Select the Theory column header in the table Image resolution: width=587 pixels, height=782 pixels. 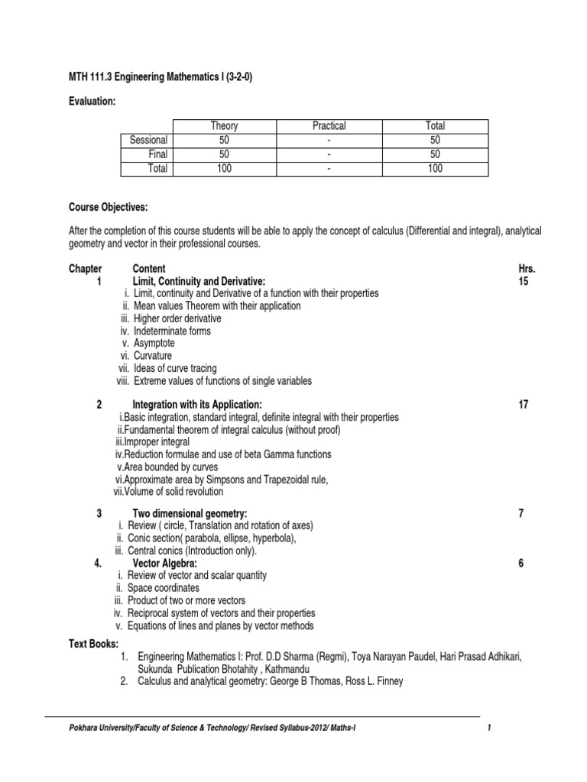[224, 126]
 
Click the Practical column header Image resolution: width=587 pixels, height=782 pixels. [329, 126]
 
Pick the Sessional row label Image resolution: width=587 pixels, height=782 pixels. [148, 141]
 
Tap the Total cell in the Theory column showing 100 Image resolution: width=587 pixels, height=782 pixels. [224, 169]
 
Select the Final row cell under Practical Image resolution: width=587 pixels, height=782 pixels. [329, 154]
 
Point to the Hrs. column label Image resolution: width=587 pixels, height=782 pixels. [527, 269]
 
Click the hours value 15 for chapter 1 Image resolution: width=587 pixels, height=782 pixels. [524, 282]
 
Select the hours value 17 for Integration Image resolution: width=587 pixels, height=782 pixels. [524, 405]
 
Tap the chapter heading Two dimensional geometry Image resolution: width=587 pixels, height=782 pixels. [190, 514]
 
